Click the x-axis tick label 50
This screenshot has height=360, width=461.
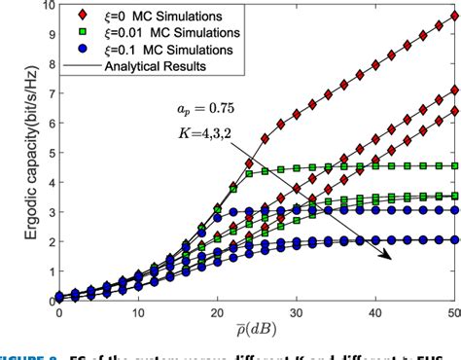(x=454, y=314)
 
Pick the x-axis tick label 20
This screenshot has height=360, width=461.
(x=217, y=314)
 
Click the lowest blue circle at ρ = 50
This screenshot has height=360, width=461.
(x=455, y=239)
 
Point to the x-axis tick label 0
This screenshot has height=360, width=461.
(x=58, y=314)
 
